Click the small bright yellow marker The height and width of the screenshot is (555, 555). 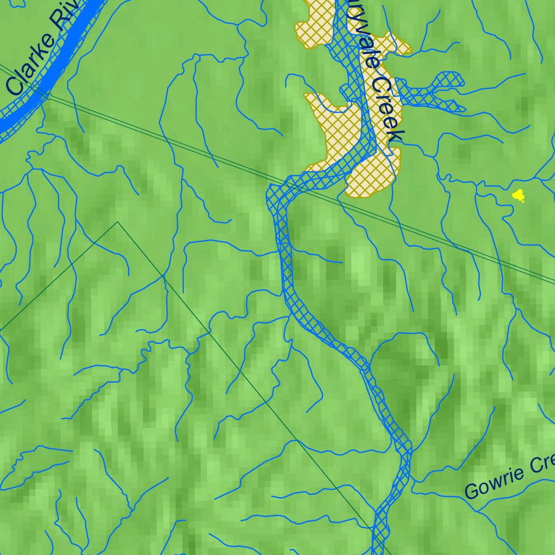coord(519,195)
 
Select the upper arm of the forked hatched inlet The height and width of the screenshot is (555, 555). coord(444,82)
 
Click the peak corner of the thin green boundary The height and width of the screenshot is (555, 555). coord(118,222)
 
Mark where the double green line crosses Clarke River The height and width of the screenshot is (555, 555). coord(48,96)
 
